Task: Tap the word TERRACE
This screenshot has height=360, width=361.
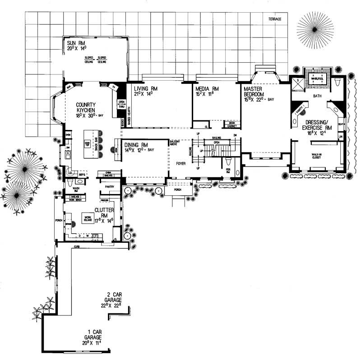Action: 274,19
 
